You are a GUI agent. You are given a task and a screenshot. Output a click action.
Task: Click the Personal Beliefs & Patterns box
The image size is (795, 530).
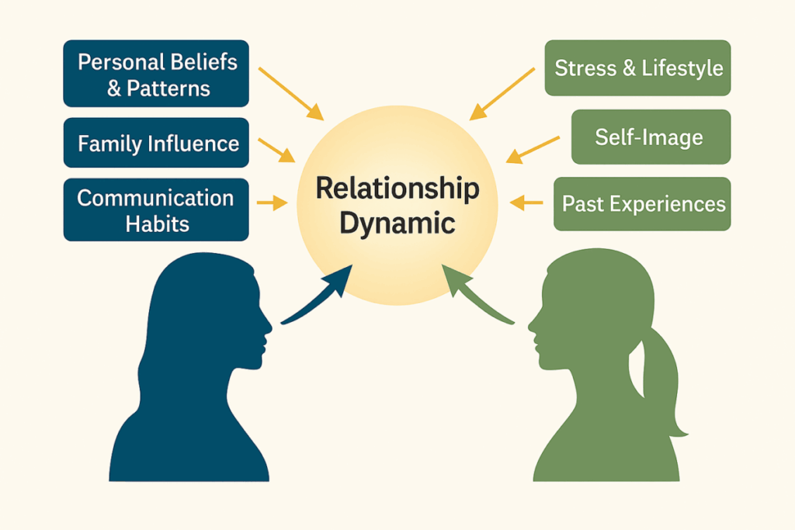[x=156, y=74]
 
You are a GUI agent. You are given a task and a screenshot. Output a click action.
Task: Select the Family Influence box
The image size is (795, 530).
[x=156, y=143]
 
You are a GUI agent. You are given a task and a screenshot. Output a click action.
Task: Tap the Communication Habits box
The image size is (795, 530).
[x=156, y=210]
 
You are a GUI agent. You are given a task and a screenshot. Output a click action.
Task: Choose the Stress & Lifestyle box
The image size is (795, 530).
[x=637, y=68]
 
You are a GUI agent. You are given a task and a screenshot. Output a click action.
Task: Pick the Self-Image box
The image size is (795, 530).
[x=651, y=137]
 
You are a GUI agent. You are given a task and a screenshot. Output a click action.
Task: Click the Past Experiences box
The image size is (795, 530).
[x=642, y=204]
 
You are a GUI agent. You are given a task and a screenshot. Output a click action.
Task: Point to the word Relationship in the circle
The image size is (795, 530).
[x=397, y=189]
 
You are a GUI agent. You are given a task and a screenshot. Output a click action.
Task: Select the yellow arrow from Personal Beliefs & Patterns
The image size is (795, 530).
[x=290, y=93]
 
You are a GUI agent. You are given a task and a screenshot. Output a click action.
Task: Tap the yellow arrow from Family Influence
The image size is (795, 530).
[x=276, y=150]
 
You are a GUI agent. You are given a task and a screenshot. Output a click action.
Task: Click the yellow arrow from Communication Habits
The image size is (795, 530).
[x=272, y=203]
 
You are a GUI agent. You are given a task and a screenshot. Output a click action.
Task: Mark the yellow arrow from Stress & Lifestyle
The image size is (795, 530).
[x=502, y=94]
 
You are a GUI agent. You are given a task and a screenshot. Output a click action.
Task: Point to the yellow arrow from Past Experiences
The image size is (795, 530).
[x=527, y=203]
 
